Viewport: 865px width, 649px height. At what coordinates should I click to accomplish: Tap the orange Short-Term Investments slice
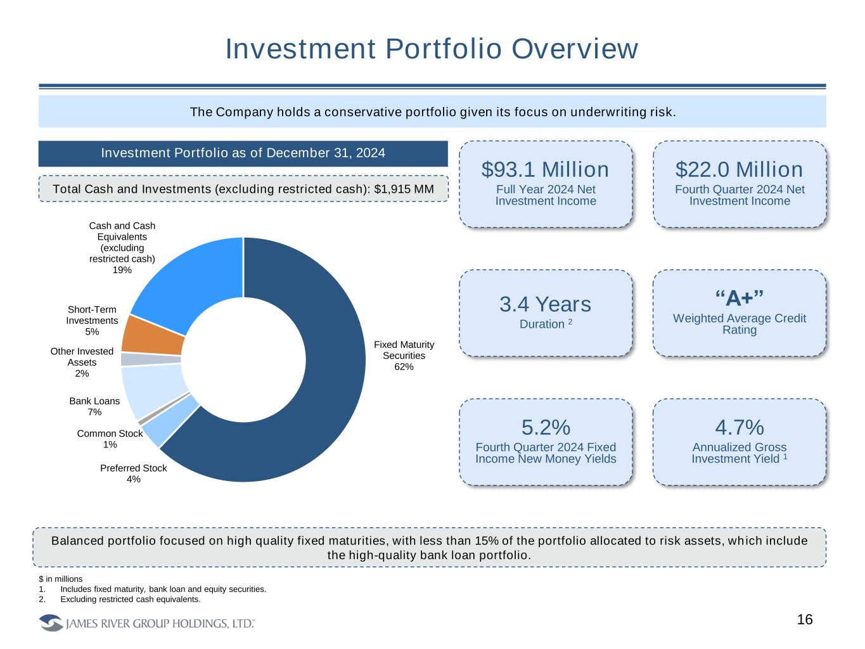click(x=152, y=334)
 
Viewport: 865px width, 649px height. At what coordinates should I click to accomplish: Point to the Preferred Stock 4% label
click(x=133, y=473)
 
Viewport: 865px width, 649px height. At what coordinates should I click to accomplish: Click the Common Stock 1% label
click(x=110, y=439)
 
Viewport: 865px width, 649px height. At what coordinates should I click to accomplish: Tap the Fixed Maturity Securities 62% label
click(x=404, y=356)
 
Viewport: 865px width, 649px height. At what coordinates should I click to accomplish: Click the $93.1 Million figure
click(x=545, y=170)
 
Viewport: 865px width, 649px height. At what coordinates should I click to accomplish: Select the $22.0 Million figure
click(x=739, y=170)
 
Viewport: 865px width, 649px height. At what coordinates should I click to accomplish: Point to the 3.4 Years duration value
click(x=545, y=305)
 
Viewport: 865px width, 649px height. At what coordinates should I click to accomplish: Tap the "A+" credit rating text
click(x=739, y=298)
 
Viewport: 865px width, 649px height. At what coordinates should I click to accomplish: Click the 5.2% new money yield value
click(x=545, y=427)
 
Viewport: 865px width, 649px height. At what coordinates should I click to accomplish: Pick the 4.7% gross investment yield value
click(x=739, y=427)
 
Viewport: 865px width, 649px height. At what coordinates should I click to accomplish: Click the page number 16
click(x=804, y=620)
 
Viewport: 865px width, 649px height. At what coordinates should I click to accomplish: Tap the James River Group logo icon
click(x=51, y=623)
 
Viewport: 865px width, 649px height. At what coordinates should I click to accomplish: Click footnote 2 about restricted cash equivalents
click(x=130, y=599)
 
